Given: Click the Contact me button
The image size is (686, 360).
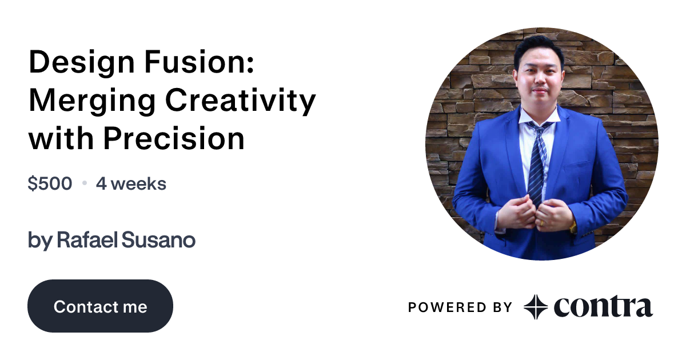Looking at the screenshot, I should (x=100, y=306).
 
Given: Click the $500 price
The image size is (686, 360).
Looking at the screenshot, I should (x=50, y=184).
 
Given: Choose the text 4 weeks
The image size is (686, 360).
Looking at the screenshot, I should (x=131, y=184).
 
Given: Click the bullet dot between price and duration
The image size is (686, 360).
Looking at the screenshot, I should (x=85, y=184).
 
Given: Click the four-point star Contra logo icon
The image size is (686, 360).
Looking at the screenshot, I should (x=536, y=307).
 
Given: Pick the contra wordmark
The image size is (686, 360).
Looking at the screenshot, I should (x=603, y=307).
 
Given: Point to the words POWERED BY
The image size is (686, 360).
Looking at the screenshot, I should (x=460, y=307).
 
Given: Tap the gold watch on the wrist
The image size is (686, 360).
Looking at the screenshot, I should (x=573, y=226).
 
